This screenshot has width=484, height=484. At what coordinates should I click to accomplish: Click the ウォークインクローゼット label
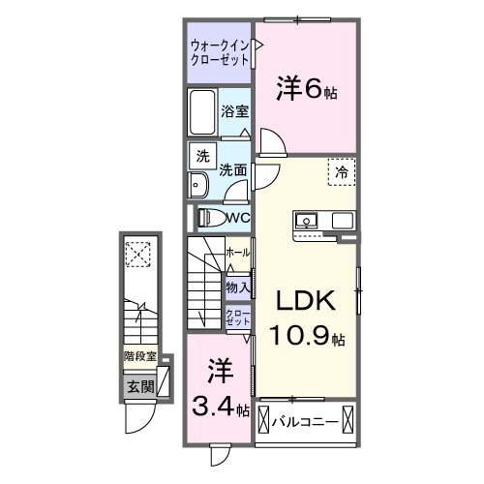tap(219, 51)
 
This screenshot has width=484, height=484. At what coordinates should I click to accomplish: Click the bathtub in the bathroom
tap(202, 113)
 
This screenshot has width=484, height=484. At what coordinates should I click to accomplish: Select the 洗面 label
tap(231, 169)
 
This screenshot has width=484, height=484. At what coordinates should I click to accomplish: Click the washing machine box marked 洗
tap(201, 157)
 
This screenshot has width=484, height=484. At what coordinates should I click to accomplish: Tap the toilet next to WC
tap(211, 218)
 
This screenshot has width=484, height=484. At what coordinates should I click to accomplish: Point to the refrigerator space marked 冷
tap(341, 171)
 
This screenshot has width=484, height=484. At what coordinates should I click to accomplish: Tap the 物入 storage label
tap(236, 287)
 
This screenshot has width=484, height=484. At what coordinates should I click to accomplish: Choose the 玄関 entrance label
tap(138, 386)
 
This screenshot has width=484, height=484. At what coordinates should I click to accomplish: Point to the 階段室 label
tap(139, 356)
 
